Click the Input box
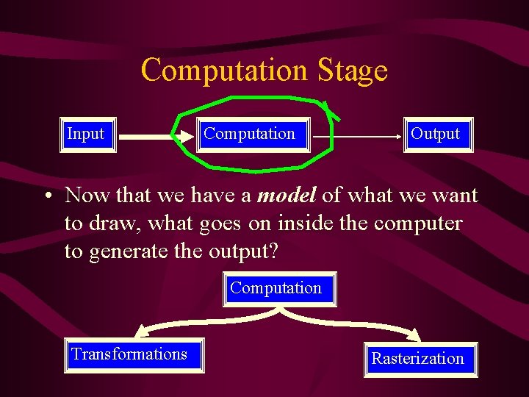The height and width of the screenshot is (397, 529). (x=87, y=135)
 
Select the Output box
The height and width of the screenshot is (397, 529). (x=436, y=135)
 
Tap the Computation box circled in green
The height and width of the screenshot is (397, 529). (x=250, y=135)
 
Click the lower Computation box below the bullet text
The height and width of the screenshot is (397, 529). (x=276, y=288)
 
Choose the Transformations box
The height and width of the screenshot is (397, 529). (x=129, y=354)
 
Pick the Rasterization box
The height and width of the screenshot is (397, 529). (x=417, y=359)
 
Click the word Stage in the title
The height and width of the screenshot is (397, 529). (x=353, y=71)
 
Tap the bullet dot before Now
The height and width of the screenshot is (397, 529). (x=46, y=197)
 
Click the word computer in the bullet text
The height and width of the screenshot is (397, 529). (x=418, y=223)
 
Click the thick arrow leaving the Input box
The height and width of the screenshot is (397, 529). (x=147, y=136)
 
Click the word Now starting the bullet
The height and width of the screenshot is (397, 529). (x=87, y=196)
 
